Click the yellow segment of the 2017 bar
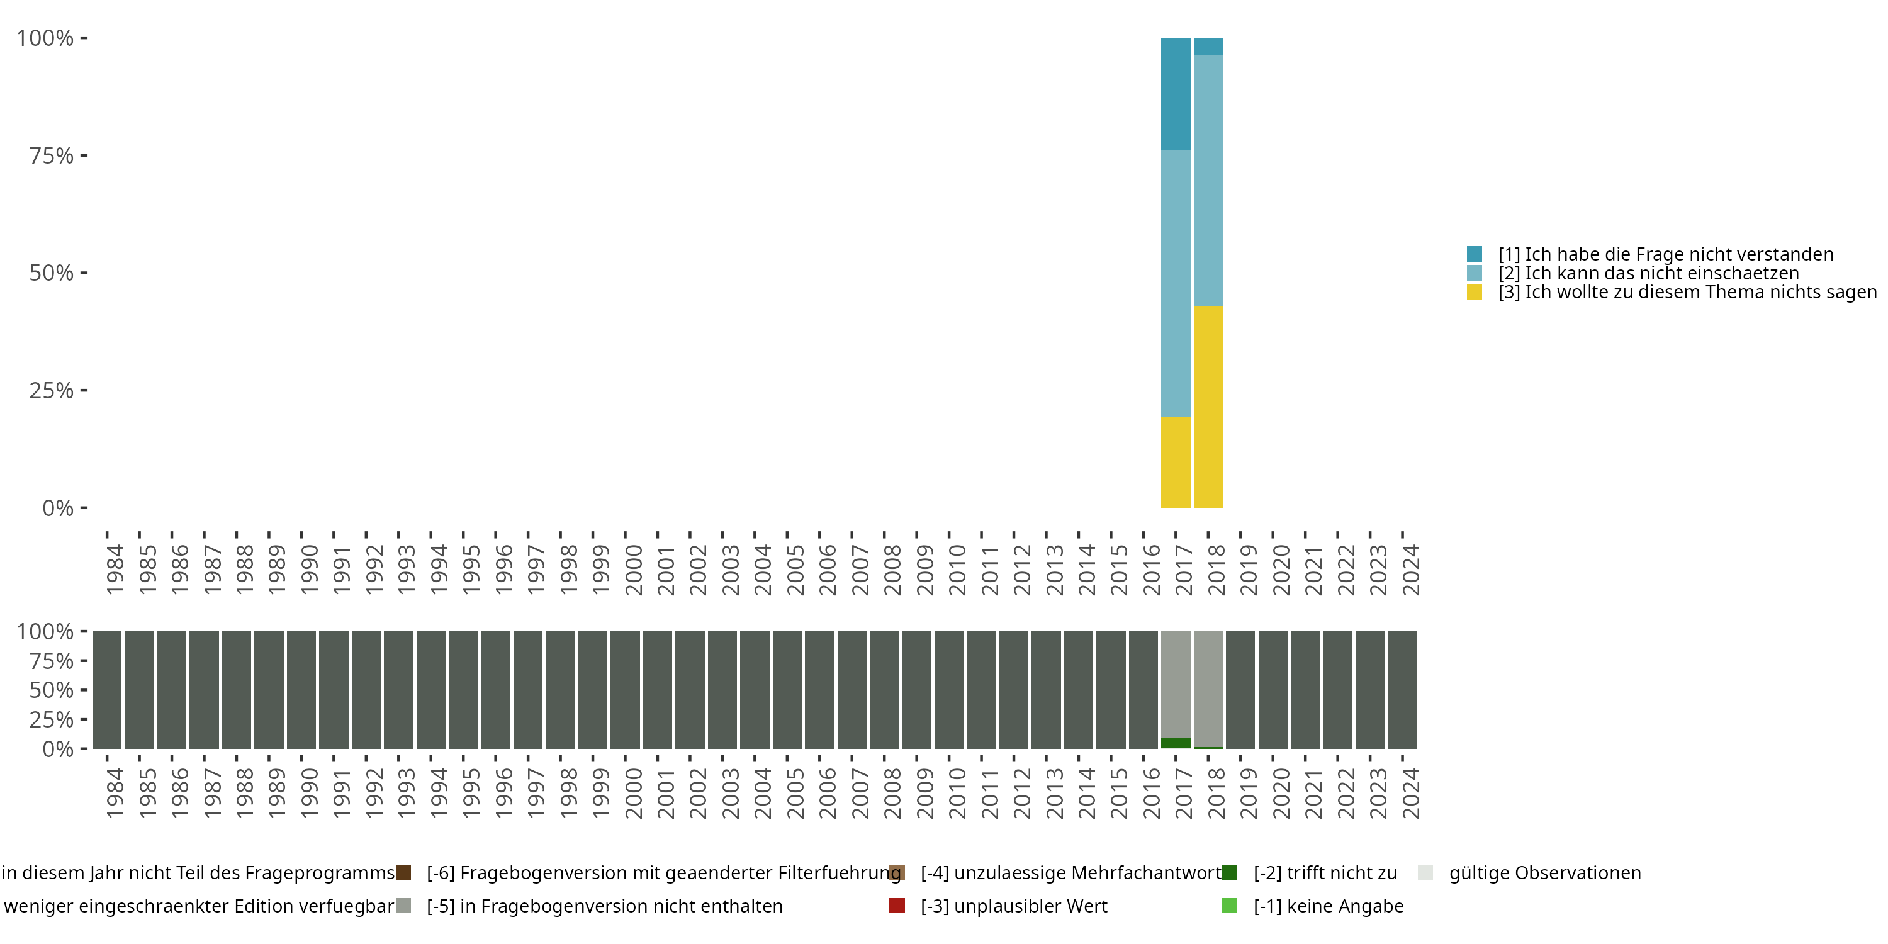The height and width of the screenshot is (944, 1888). [1175, 462]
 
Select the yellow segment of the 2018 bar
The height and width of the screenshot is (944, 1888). [1208, 407]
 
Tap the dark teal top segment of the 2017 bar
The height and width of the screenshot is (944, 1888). [1175, 94]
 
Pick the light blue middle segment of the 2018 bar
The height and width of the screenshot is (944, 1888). [1208, 180]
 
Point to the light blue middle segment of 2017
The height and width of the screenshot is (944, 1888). [1175, 284]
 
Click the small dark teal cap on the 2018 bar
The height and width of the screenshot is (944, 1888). [1208, 46]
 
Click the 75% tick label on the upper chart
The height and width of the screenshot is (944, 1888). [52, 155]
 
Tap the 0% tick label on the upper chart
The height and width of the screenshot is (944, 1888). [58, 508]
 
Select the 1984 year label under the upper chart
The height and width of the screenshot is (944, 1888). [115, 570]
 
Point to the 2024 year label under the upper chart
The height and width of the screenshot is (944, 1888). [1411, 570]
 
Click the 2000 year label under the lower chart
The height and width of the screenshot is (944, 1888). [633, 794]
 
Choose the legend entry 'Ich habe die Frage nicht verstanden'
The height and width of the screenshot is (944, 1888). [1665, 254]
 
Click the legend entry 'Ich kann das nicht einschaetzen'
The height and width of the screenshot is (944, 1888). [1648, 273]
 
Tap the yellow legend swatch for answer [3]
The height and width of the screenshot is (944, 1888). [1475, 293]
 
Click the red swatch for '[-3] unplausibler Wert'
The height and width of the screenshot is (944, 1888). [897, 906]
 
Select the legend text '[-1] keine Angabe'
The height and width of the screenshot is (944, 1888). [1328, 906]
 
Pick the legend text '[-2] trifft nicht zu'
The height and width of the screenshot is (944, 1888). [1325, 873]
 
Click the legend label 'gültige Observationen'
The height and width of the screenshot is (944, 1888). [1545, 873]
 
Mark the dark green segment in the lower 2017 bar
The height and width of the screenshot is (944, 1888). [1175, 743]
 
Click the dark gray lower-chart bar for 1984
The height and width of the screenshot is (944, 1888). [107, 690]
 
